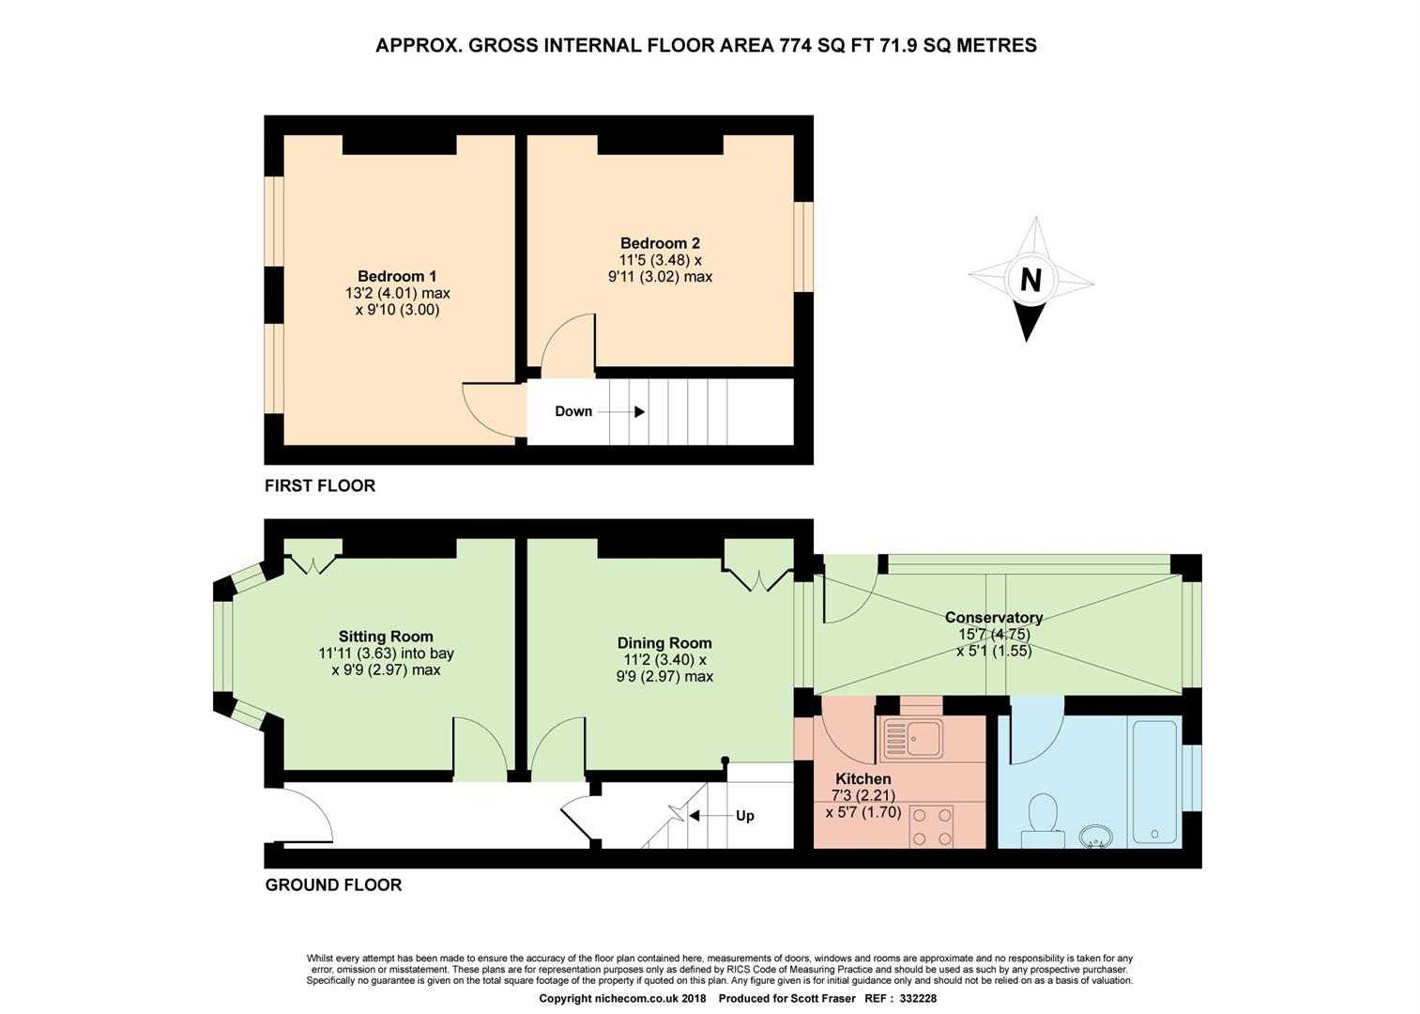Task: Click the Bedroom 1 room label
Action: (x=397, y=276)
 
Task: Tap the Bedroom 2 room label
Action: (x=660, y=243)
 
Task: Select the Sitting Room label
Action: (x=386, y=637)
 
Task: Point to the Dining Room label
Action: (x=664, y=643)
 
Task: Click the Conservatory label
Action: (x=993, y=618)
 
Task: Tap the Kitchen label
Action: (x=863, y=778)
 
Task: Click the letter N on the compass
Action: (x=1031, y=280)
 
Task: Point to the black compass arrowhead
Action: (x=1028, y=321)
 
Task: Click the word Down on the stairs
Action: (x=573, y=411)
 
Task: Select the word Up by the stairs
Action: (x=745, y=816)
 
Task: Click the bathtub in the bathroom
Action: (x=1154, y=781)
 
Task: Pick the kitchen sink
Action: (x=911, y=738)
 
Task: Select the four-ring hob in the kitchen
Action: (x=932, y=826)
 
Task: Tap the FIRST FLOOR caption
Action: (x=319, y=485)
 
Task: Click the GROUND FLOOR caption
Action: (x=333, y=885)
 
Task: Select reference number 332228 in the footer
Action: (x=918, y=998)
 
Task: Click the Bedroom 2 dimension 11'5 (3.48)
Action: (x=660, y=260)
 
